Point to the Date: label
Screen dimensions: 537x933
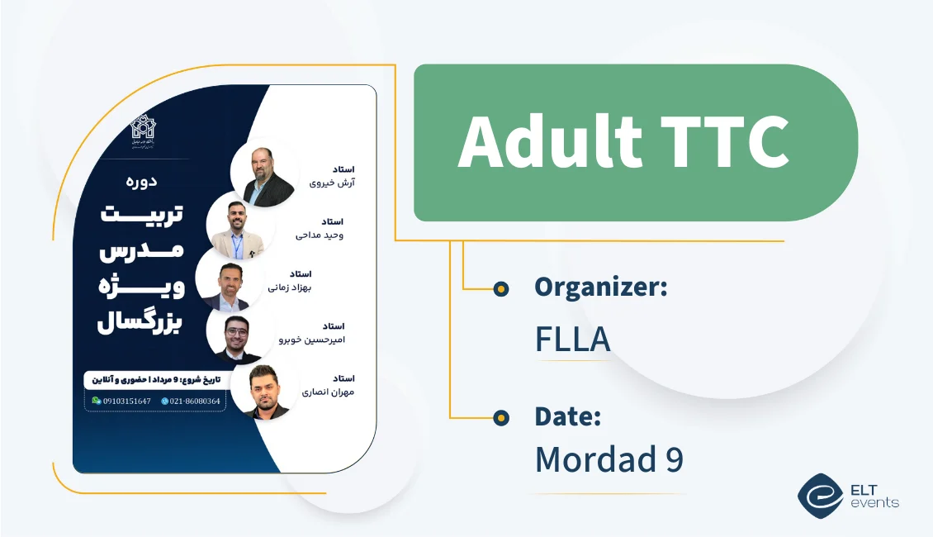point(567,416)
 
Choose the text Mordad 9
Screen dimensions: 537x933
point(609,459)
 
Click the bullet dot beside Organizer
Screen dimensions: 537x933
point(500,288)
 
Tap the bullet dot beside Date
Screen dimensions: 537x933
point(500,418)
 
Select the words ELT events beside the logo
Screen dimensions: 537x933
point(874,495)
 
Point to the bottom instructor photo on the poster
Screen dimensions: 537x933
point(264,391)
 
